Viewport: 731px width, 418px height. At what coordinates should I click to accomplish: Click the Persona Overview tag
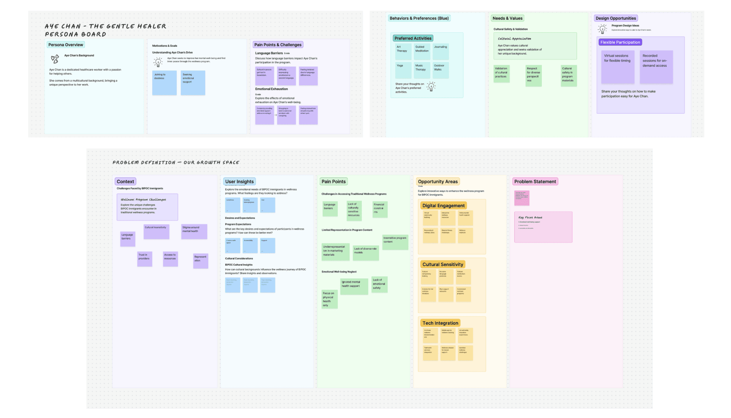pyautogui.click(x=65, y=45)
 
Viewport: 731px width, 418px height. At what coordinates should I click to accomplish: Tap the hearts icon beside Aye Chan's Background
pyautogui.click(x=55, y=59)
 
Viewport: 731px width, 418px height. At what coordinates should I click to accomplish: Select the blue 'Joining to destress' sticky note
pyautogui.click(x=164, y=83)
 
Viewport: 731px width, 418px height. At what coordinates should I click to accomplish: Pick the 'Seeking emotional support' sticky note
pyautogui.click(x=193, y=83)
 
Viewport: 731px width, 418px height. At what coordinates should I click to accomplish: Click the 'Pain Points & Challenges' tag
pyautogui.click(x=278, y=45)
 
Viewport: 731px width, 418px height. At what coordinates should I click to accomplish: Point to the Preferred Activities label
pyautogui.click(x=413, y=38)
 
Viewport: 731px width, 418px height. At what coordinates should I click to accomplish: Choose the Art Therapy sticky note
pyautogui.click(x=402, y=52)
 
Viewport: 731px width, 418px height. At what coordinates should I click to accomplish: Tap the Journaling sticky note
pyautogui.click(x=441, y=52)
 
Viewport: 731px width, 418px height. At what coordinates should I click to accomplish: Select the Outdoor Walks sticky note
pyautogui.click(x=441, y=70)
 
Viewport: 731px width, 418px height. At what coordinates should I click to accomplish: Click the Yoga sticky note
pyautogui.click(x=402, y=70)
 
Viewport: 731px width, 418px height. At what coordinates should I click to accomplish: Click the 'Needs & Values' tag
pyautogui.click(x=508, y=18)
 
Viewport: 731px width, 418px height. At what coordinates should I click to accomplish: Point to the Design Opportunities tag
pyautogui.click(x=616, y=18)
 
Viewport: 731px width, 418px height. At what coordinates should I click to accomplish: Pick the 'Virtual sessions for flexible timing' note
pyautogui.click(x=618, y=67)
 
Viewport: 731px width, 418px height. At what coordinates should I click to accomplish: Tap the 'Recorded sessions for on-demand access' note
pyautogui.click(x=656, y=67)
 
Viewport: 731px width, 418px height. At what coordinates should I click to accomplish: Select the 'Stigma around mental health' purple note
pyautogui.click(x=194, y=231)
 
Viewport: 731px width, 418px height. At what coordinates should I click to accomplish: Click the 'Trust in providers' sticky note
pyautogui.click(x=145, y=259)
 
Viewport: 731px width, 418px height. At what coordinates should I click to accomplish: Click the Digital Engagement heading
pyautogui.click(x=444, y=206)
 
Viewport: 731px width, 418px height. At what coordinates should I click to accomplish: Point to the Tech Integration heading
pyautogui.click(x=440, y=323)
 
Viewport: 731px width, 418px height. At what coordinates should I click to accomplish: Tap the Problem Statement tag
pyautogui.click(x=535, y=182)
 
